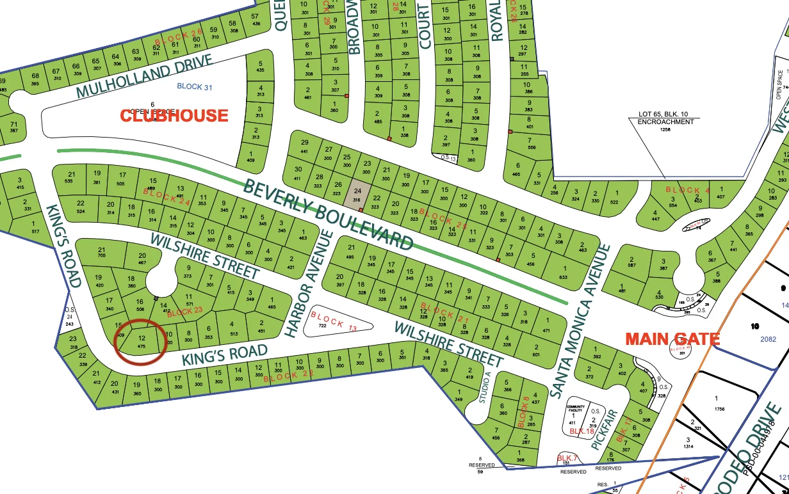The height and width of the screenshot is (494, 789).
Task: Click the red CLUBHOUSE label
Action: coord(174,115)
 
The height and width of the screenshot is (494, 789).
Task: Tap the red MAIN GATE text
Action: coord(672,339)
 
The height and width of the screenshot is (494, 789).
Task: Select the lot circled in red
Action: coord(142,342)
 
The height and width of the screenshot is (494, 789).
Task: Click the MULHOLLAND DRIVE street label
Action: coord(143,77)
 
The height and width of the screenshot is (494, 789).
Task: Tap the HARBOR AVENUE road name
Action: coord(310,283)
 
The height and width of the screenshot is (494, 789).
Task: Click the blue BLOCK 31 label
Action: coord(194,87)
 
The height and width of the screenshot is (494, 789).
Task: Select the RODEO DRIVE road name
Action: coord(756,448)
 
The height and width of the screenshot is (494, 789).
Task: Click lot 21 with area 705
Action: coord(102,253)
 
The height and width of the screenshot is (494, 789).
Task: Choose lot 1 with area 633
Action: coord(564,273)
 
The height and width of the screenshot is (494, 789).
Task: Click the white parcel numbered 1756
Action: coord(716,403)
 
